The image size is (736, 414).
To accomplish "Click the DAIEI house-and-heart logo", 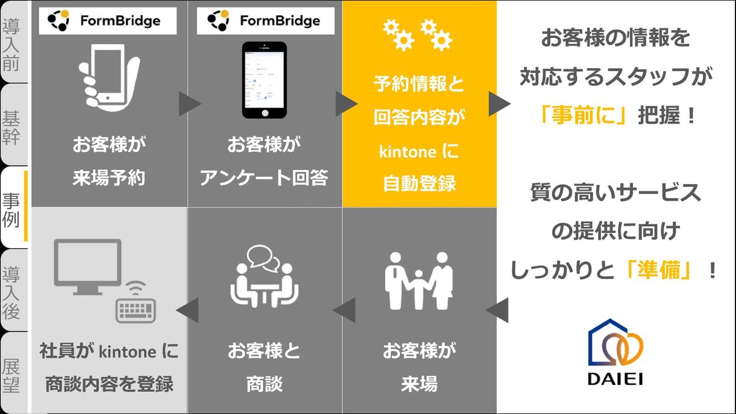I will pyautogui.click(x=616, y=353).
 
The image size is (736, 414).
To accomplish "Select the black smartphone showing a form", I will pyautogui.click(x=264, y=80).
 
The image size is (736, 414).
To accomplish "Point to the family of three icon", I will pyautogui.click(x=418, y=279).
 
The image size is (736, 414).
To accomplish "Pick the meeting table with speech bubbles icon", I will pyautogui.click(x=264, y=276).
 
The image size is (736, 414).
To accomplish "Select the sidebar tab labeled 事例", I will pyautogui.click(x=12, y=208).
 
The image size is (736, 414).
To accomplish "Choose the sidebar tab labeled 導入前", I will pyautogui.click(x=12, y=43).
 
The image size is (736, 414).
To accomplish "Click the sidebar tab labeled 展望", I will pyautogui.click(x=12, y=374).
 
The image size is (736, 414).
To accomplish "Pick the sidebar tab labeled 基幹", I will pyautogui.click(x=12, y=126).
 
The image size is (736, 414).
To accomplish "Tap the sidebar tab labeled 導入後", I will pyautogui.click(x=12, y=291).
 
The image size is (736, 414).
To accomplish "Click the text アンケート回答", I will pyautogui.click(x=264, y=178).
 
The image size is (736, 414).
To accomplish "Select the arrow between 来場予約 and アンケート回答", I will pyautogui.click(x=190, y=104).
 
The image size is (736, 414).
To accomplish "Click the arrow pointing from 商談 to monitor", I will pyautogui.click(x=187, y=310).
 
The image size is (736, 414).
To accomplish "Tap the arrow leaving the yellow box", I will pyautogui.click(x=499, y=104).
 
